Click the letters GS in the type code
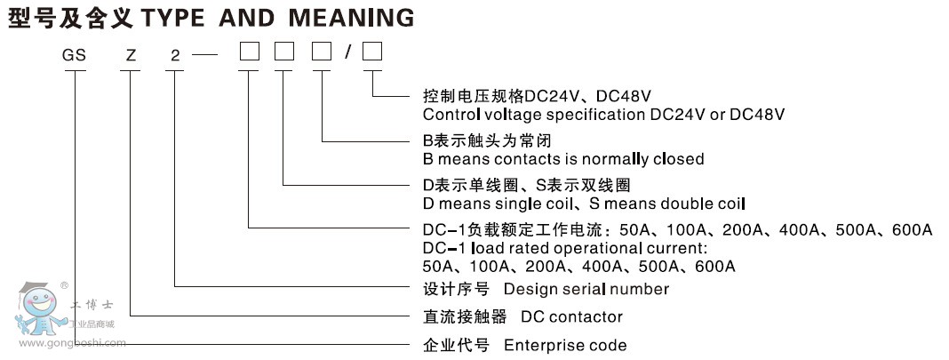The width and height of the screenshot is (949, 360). point(74,56)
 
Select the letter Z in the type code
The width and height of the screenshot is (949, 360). point(132,56)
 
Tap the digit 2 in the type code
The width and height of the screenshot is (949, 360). point(175,56)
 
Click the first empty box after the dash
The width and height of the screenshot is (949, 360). point(249,55)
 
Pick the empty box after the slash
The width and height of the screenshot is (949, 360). point(372,55)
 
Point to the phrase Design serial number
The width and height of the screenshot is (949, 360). point(586,289)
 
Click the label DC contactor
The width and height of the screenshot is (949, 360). point(571,316)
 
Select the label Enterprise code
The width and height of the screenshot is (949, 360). point(565,345)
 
